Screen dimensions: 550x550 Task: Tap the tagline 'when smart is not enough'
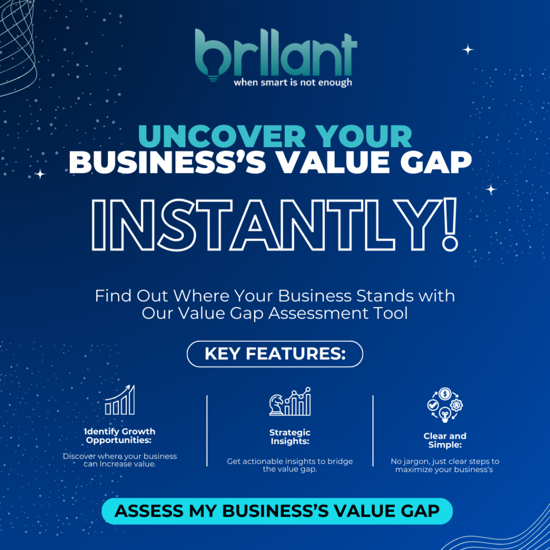tap(293, 83)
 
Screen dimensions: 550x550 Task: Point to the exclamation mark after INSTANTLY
tap(450, 225)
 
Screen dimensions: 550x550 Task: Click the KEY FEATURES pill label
tap(275, 354)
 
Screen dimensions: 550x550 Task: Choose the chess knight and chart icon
tap(290, 402)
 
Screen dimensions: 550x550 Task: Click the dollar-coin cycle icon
tap(445, 405)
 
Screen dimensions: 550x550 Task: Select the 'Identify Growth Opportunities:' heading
tap(120, 436)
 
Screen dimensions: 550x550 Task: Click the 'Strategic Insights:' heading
tap(290, 437)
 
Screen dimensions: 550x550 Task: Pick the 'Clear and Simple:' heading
tap(445, 440)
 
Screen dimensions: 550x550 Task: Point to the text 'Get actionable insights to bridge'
tap(290, 461)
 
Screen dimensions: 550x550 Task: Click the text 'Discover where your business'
tap(120, 457)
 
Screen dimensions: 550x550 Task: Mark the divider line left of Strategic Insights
tap(207, 431)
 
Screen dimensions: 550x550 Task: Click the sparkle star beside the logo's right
tap(468, 50)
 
